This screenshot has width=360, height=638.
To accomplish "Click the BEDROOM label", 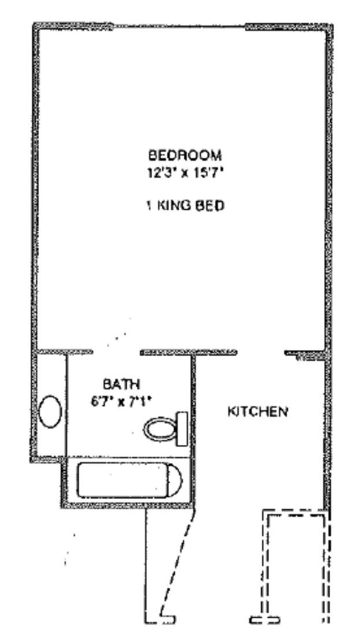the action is click(x=185, y=155).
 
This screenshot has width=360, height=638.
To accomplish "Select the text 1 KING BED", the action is click(x=185, y=206).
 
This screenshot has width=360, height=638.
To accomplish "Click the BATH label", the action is click(x=121, y=384).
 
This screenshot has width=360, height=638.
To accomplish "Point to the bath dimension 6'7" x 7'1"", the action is click(x=121, y=402).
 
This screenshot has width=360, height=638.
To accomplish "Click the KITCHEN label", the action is click(x=258, y=412).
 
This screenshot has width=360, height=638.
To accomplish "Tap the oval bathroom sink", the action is click(x=50, y=411).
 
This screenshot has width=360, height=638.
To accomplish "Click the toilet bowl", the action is click(x=160, y=429).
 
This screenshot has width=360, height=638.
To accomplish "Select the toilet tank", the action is click(x=182, y=428).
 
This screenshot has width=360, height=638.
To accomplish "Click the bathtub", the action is click(x=129, y=481).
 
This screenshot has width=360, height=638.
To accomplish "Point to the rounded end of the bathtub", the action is click(x=176, y=481).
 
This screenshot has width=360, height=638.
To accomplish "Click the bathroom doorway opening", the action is click(x=116, y=353).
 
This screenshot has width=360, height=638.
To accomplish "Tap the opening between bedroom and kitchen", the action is click(x=261, y=353).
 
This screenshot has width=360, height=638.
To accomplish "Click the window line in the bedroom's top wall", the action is click(x=179, y=27).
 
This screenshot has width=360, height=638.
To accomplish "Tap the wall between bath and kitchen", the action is click(x=193, y=430).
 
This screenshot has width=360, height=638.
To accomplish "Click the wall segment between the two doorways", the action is click(x=189, y=353).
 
